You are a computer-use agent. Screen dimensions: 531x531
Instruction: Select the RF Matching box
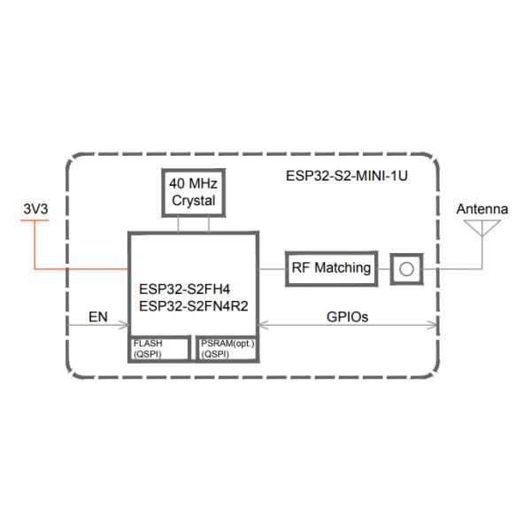(331, 268)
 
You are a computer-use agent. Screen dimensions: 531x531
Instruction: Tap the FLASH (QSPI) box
(159, 348)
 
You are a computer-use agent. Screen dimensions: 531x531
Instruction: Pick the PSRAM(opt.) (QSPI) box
(227, 348)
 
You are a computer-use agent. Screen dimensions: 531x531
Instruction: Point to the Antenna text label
(482, 209)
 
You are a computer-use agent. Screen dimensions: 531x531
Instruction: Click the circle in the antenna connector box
(405, 268)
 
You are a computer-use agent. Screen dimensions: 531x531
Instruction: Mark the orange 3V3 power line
(80, 268)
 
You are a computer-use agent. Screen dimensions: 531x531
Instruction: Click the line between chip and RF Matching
(272, 268)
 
